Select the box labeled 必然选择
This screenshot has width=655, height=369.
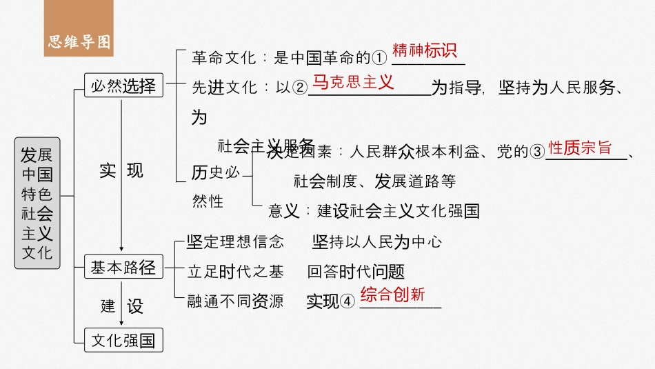[123, 86]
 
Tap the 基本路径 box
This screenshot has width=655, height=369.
[123, 268]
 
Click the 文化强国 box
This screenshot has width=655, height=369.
[123, 339]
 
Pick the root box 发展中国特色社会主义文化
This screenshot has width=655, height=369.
[37, 202]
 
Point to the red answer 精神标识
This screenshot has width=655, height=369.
[424, 52]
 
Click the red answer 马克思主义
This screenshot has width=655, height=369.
[353, 83]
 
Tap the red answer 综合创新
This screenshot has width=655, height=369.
[392, 295]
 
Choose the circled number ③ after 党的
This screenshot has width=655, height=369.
[538, 152]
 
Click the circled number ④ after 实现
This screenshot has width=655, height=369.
[348, 301]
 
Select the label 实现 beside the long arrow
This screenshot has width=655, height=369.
[121, 170]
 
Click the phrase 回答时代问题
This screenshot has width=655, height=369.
[356, 272]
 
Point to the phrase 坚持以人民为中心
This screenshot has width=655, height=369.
[377, 241]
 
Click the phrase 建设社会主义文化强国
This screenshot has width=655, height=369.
[398, 210]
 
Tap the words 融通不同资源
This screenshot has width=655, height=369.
[235, 301]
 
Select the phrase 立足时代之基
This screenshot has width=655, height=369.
[235, 272]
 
